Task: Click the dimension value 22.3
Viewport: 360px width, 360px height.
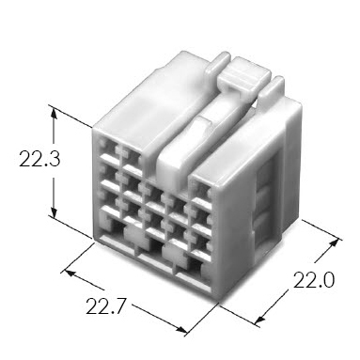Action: coord(39,159)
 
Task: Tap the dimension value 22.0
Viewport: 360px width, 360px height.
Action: coord(314,280)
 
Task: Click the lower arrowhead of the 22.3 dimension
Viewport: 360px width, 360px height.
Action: coord(55,211)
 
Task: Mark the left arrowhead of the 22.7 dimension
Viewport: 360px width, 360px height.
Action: coord(69,273)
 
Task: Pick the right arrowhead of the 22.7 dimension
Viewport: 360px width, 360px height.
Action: coord(182,329)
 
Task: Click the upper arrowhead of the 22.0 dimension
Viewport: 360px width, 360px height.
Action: coord(335,243)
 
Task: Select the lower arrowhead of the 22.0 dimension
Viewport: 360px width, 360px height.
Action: coord(259,319)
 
